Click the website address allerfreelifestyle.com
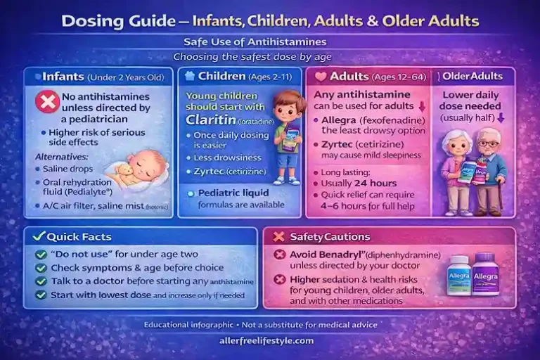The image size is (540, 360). (270, 340)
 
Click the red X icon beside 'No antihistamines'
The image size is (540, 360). (47, 103)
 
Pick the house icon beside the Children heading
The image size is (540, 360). (189, 75)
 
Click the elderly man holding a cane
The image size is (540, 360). (489, 172)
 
